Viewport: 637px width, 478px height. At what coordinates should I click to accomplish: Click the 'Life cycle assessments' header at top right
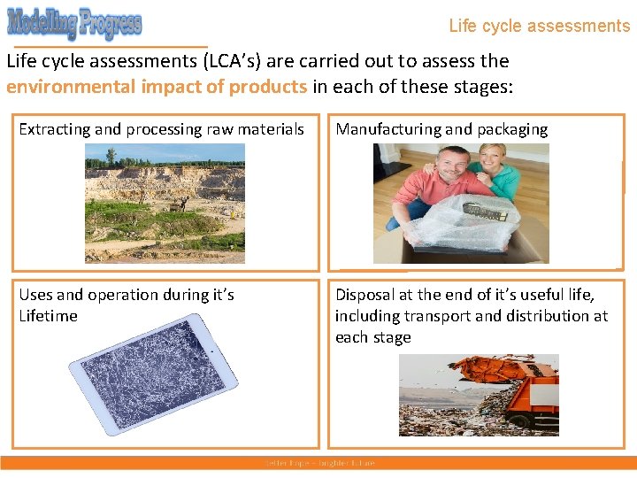pos(539,26)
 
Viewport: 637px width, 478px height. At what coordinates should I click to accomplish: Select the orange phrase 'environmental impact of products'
pos(157,87)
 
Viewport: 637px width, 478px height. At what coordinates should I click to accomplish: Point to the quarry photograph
pos(165,204)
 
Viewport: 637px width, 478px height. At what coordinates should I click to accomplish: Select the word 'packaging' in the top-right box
pos(512,129)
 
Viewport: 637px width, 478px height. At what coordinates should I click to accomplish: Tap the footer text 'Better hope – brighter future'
pos(319,463)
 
